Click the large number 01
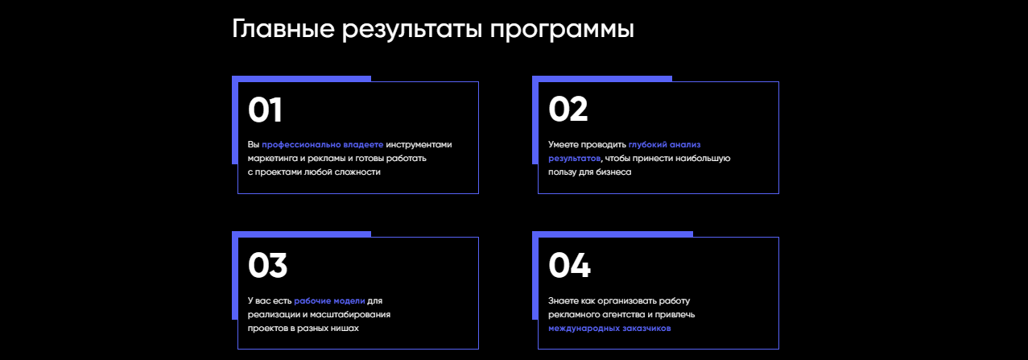(265, 111)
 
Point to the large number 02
(568, 110)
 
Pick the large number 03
(267, 267)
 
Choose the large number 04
(569, 267)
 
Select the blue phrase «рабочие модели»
(329, 300)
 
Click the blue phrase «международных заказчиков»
(609, 329)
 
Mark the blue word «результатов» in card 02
(574, 159)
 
